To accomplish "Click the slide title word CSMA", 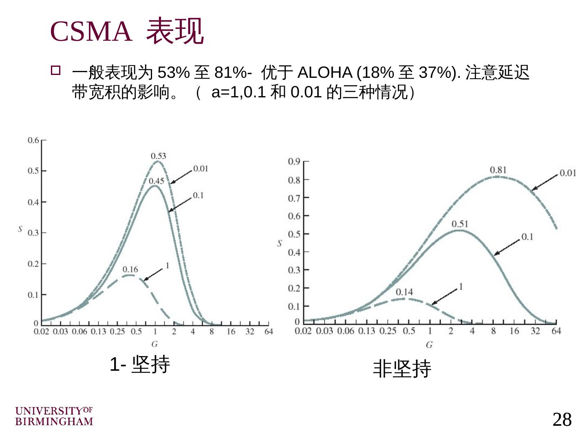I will click(91, 31).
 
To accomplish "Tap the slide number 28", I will click(562, 419).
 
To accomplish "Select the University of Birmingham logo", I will click(54, 416).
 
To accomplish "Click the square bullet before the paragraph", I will click(55, 70).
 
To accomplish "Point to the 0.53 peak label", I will click(158, 156).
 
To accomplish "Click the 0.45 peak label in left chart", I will click(156, 181).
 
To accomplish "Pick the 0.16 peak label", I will click(130, 269).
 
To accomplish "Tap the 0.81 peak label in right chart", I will click(498, 170).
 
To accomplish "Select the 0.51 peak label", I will click(460, 224).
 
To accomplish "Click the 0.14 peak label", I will click(404, 292).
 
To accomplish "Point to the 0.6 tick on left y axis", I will click(33, 140).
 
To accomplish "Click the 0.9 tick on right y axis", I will click(294, 162).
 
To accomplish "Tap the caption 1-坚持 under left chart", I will click(140, 364).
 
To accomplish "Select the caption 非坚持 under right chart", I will click(402, 369).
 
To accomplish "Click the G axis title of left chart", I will click(154, 344).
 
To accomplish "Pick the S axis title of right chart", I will click(280, 244).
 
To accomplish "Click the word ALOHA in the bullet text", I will click(325, 73).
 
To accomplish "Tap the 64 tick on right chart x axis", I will click(556, 331).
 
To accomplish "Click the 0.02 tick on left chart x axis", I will click(41, 331).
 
